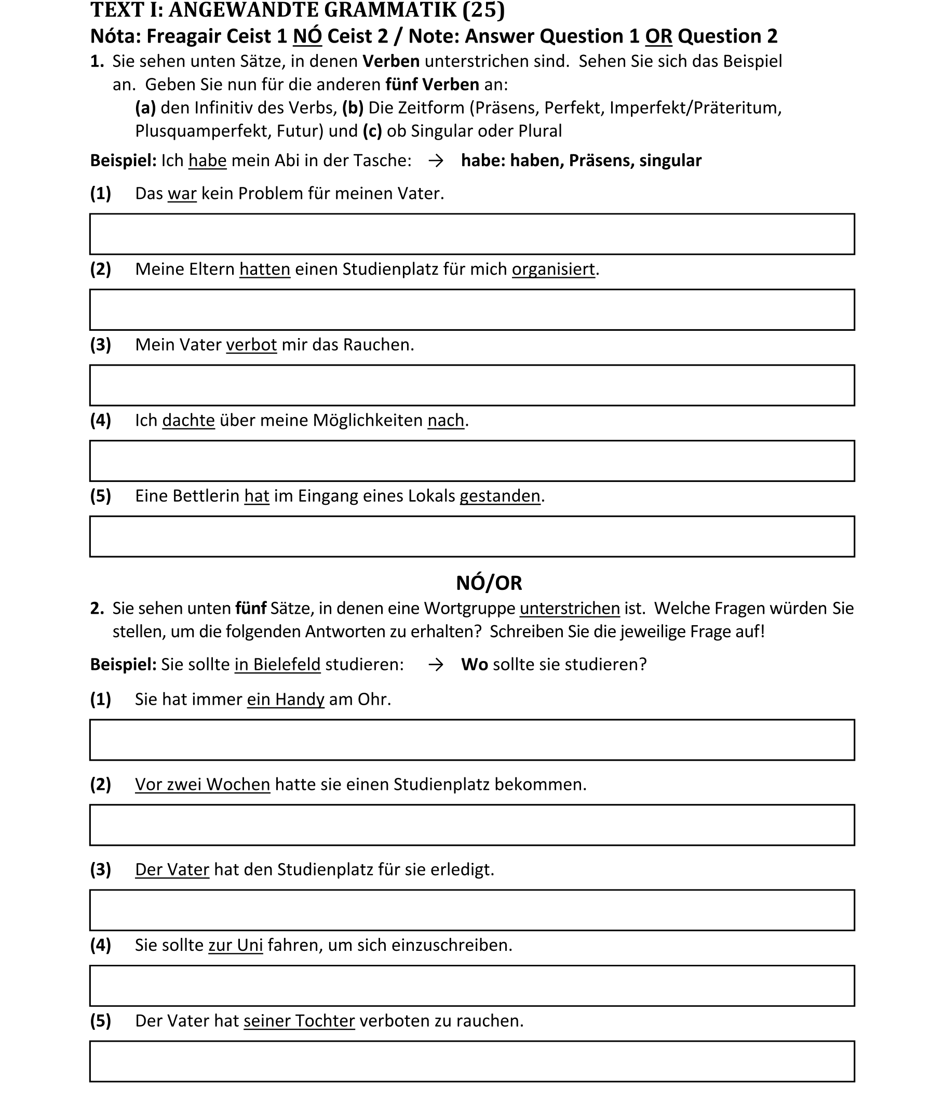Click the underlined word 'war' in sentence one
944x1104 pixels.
pos(182,193)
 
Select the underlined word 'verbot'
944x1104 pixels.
pos(251,345)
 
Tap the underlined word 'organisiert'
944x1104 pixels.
pos(553,269)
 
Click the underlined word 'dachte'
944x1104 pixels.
pos(188,421)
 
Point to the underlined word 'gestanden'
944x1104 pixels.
pos(500,496)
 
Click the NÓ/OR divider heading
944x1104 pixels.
pos(489,583)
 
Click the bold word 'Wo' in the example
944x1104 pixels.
pos(474,664)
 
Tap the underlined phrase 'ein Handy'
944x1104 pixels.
pos(285,699)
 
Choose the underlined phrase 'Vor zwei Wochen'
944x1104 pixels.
pos(203,784)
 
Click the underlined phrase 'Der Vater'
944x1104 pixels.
pos(172,870)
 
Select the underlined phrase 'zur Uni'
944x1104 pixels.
pos(235,945)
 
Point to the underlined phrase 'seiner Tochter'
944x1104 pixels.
pos(299,1021)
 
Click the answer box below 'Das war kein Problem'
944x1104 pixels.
pos(471,234)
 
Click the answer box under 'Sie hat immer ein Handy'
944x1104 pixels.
pos(471,739)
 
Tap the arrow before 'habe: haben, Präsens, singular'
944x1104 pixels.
pos(436,161)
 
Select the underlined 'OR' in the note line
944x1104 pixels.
pos(658,36)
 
